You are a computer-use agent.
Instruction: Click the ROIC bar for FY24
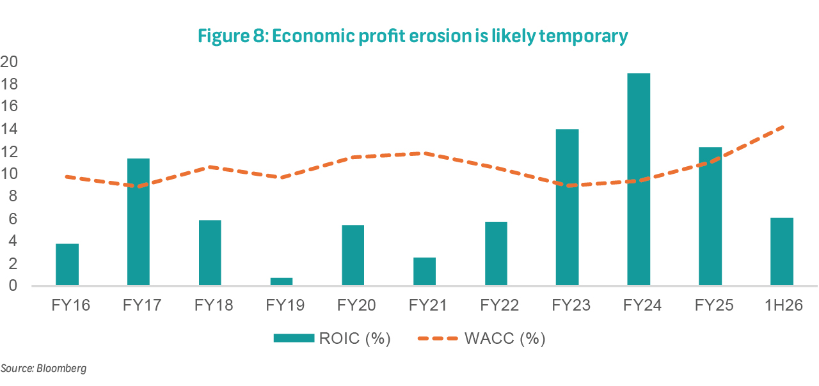639,179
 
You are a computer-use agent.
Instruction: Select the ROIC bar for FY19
282,282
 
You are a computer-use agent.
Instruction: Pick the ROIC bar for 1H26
781,252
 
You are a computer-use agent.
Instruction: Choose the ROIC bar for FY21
424,272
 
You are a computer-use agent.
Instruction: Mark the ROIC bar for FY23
567,207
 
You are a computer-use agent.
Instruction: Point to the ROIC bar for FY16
67,265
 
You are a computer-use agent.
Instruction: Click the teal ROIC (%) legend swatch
294,338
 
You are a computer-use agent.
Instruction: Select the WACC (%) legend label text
505,338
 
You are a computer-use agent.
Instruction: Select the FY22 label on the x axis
496,304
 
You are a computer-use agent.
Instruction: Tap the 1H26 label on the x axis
782,304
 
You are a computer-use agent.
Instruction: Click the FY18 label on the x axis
210,304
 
